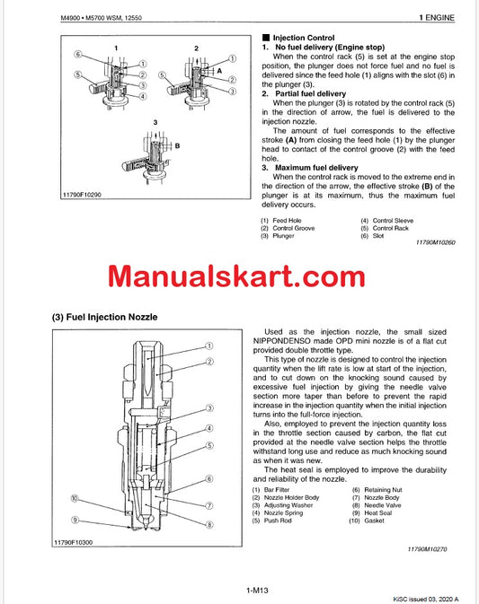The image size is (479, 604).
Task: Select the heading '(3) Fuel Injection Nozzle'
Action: pos(105,319)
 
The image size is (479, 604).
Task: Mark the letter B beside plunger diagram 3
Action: pos(178,144)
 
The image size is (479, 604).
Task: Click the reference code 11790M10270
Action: pos(432,547)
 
